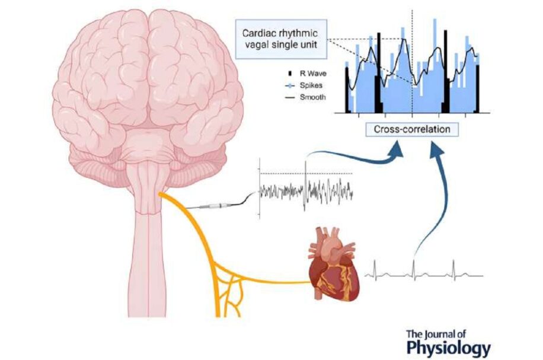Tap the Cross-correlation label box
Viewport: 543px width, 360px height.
pos(412,129)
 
